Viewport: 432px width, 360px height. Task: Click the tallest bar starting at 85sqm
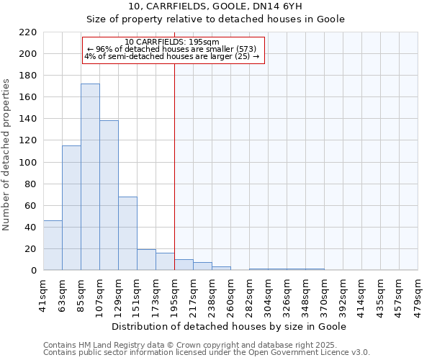(x=90, y=177)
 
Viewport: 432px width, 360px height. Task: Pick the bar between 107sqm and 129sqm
(x=109, y=195)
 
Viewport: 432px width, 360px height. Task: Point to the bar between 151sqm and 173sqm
(x=146, y=260)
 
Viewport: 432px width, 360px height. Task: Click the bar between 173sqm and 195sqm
(x=165, y=262)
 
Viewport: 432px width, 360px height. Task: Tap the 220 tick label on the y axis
(x=28, y=32)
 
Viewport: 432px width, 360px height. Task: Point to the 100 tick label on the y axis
(x=28, y=162)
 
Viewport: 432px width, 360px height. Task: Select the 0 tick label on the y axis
(x=33, y=271)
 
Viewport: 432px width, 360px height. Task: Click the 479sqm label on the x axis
(x=418, y=293)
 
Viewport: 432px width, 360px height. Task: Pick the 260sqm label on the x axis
(x=231, y=293)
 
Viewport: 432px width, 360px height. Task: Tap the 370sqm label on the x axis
(x=325, y=293)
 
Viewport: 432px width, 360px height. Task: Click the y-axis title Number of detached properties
(x=7, y=155)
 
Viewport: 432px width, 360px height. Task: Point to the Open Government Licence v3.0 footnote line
(x=207, y=352)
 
